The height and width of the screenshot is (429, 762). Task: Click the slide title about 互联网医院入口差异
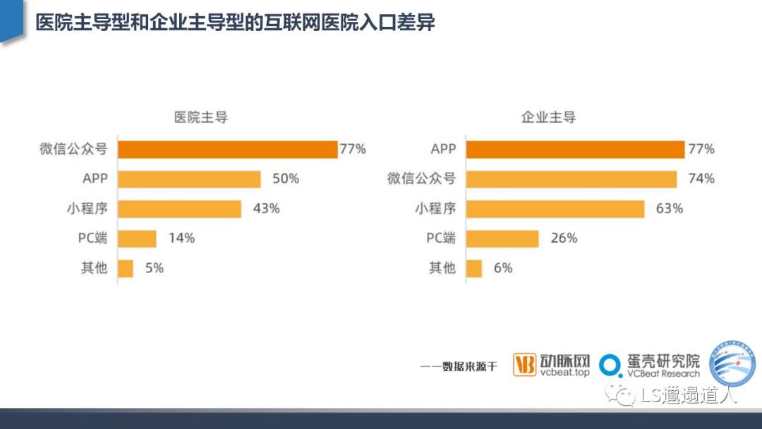point(235,23)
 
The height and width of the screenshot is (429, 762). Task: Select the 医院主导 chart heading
point(201,117)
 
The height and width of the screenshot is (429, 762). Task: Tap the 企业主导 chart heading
point(548,117)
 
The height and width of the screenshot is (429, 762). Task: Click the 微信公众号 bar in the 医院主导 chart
point(227,150)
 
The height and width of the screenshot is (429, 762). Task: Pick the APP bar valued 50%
point(189,179)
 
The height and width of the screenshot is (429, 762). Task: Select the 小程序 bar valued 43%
point(179,209)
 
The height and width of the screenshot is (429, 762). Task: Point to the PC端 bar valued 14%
point(137,238)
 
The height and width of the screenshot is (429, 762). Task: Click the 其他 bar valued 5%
point(126,268)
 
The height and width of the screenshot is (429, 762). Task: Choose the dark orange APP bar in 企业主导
point(575,150)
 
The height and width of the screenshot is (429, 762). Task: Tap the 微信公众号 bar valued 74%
point(571,179)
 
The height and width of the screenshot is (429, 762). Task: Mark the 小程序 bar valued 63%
point(555,209)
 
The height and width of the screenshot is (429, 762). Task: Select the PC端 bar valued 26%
point(502,238)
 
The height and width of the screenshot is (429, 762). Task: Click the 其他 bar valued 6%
point(474,268)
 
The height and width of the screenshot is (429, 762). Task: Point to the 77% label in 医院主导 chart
point(353,150)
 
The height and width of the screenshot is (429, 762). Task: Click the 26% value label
point(564,238)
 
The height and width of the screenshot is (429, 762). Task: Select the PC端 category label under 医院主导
point(92,238)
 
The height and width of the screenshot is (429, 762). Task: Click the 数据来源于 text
point(459,366)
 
